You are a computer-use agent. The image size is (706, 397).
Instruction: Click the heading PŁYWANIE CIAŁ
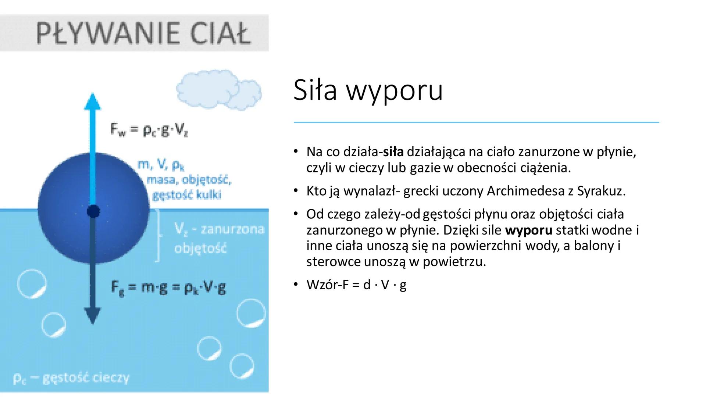coord(143,33)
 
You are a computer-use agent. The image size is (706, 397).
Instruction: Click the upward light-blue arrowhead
coord(92,101)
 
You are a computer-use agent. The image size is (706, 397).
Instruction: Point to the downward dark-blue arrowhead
coord(92,315)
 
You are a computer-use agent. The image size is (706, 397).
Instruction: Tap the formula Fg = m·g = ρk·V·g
coord(169,287)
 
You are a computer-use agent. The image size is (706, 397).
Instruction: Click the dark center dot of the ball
coord(93,212)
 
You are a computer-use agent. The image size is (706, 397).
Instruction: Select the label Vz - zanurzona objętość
coord(218,239)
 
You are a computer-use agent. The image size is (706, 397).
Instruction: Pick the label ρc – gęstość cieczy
coord(71,378)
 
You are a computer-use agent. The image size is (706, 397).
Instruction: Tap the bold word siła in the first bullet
coord(393,152)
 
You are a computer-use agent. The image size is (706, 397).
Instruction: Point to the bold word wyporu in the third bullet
coord(528,230)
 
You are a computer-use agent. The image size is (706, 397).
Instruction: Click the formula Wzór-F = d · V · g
coord(356,285)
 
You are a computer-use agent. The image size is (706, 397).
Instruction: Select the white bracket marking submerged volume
coord(159,235)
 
